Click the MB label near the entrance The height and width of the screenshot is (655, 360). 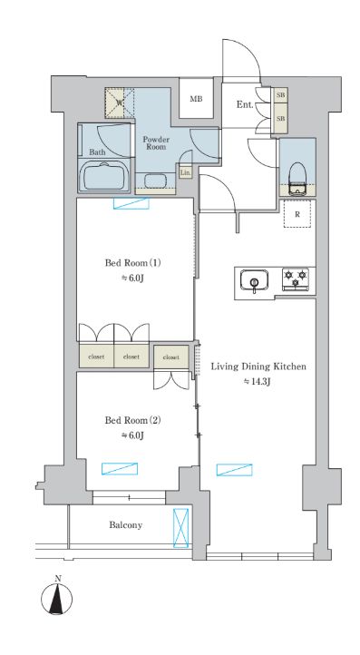click(195, 101)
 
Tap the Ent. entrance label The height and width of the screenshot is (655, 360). click(245, 105)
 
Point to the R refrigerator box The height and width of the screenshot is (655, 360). click(297, 214)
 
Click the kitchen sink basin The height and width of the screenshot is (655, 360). click(255, 281)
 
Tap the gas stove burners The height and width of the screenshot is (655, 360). click(296, 279)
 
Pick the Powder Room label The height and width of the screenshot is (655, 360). click(156, 147)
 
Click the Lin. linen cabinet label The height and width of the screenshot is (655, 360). click(185, 171)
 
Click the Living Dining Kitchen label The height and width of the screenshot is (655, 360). click(258, 367)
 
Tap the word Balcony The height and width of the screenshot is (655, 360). click(124, 525)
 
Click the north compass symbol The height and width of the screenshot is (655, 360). click(58, 600)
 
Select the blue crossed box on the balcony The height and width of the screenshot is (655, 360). click(182, 527)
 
